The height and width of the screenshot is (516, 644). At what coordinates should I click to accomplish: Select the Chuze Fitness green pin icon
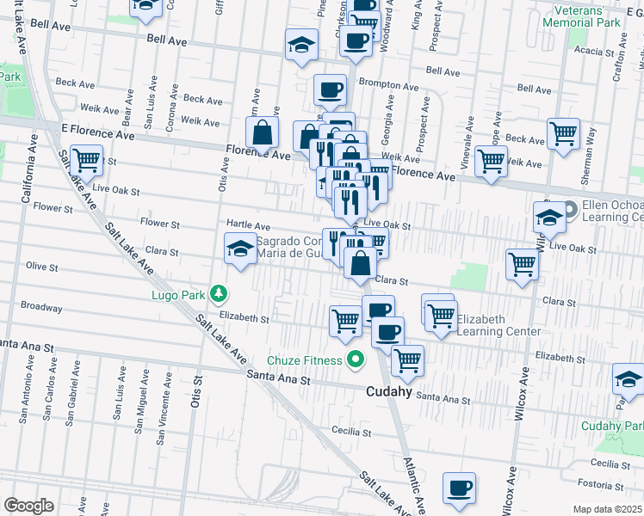[x=353, y=361]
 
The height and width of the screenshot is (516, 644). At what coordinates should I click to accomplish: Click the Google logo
[x=28, y=505]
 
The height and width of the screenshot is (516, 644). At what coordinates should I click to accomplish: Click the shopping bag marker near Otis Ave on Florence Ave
[x=262, y=133]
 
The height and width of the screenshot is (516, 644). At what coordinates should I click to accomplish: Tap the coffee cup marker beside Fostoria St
[x=459, y=488]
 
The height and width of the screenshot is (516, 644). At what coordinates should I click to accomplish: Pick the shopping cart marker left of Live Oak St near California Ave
[x=86, y=159]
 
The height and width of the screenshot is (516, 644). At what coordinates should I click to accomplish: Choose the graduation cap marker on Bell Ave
[x=301, y=46]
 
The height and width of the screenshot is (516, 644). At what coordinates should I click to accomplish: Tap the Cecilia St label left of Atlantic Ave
[x=350, y=431]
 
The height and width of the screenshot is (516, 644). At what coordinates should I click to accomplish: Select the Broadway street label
[x=41, y=307]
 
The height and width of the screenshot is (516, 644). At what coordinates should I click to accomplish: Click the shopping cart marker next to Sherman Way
[x=562, y=133]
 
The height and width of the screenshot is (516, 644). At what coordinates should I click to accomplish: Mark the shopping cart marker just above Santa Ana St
[x=407, y=360]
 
